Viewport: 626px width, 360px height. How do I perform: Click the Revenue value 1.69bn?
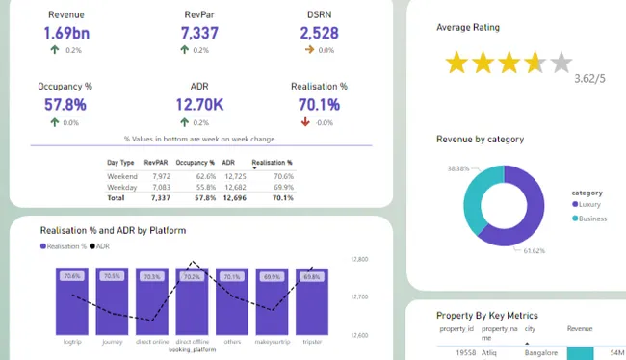(65, 33)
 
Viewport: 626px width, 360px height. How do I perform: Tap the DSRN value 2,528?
(319, 33)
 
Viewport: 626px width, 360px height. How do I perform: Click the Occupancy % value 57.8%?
(65, 104)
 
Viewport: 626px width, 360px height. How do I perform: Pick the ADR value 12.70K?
(199, 104)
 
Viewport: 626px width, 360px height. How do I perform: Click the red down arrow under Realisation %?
(305, 122)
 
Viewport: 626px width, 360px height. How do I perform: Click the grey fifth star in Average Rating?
(561, 64)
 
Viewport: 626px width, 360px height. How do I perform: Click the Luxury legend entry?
(590, 204)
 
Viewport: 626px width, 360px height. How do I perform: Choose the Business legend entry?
(592, 219)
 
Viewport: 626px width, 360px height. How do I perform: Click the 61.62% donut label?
(535, 251)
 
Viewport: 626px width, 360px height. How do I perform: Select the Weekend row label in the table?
(122, 177)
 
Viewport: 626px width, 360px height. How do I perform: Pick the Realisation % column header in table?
(272, 163)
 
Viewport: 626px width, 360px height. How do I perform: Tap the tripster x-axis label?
(310, 341)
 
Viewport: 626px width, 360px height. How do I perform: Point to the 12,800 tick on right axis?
(360, 260)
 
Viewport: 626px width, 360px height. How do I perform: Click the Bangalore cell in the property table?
(540, 353)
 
